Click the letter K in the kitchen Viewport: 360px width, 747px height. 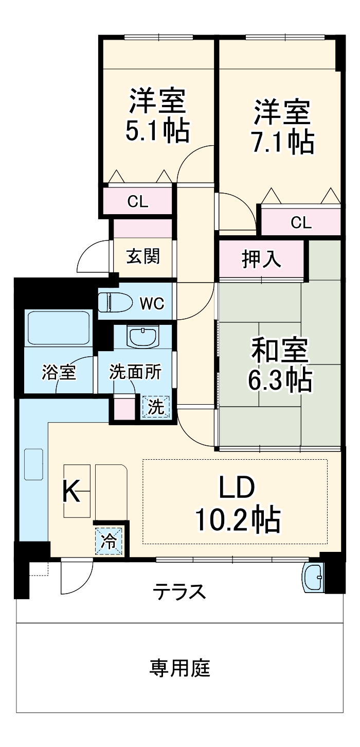click(71, 491)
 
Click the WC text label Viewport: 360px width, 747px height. click(152, 304)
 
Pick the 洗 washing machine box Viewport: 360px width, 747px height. click(156, 407)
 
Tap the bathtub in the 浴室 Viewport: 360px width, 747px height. click(58, 327)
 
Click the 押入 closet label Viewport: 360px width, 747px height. click(261, 259)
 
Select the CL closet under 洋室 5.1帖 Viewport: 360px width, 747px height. click(138, 202)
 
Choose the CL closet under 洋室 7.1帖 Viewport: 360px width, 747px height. click(301, 222)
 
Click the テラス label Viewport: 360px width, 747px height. click(179, 592)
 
